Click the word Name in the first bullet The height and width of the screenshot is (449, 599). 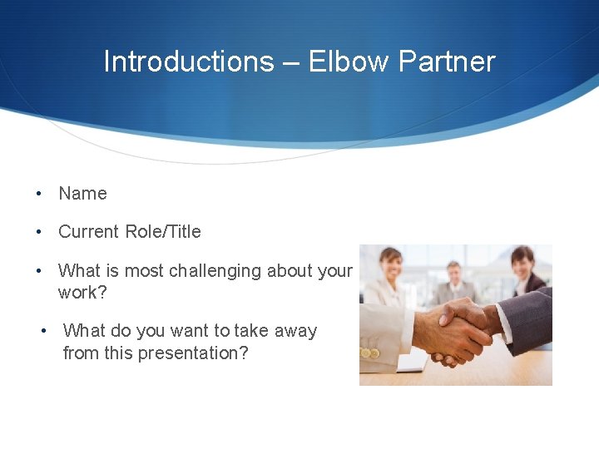(x=82, y=194)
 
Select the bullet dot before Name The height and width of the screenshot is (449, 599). (x=39, y=194)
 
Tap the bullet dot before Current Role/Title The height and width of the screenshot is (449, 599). (x=39, y=232)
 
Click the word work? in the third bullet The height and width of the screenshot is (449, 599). (x=82, y=293)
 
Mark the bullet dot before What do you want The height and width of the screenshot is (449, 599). (x=45, y=331)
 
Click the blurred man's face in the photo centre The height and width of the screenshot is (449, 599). (x=454, y=272)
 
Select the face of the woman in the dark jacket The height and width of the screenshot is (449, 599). (x=522, y=263)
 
